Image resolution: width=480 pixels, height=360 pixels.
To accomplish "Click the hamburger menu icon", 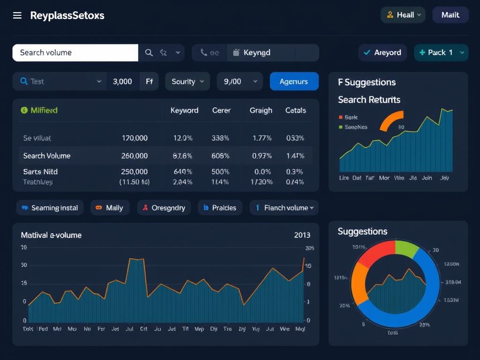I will point(17,15).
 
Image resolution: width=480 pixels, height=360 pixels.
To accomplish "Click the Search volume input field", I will point(75,52).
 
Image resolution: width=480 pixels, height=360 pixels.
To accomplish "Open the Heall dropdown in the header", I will point(403,15).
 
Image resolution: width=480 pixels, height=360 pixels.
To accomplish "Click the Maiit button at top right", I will point(450,15).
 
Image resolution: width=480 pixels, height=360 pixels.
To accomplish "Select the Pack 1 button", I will point(441,52).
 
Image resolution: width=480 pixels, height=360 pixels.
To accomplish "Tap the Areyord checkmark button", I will point(382,52).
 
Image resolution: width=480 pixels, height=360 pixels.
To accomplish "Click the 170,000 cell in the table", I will point(135,138).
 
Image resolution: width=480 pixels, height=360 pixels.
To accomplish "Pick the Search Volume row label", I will point(47,156).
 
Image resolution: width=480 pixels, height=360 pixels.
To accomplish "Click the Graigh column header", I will point(261,110).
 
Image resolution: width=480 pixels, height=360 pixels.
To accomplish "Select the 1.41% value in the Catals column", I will point(295,156).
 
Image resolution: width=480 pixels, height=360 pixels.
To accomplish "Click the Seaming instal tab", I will point(50,208).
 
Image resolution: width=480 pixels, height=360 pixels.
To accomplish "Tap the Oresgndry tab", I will point(164,208).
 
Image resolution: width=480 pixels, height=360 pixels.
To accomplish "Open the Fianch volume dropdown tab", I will point(284,208).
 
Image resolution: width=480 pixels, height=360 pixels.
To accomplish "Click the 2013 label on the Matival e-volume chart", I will point(302,235).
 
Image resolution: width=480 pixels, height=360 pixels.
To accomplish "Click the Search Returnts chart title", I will point(369,99).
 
